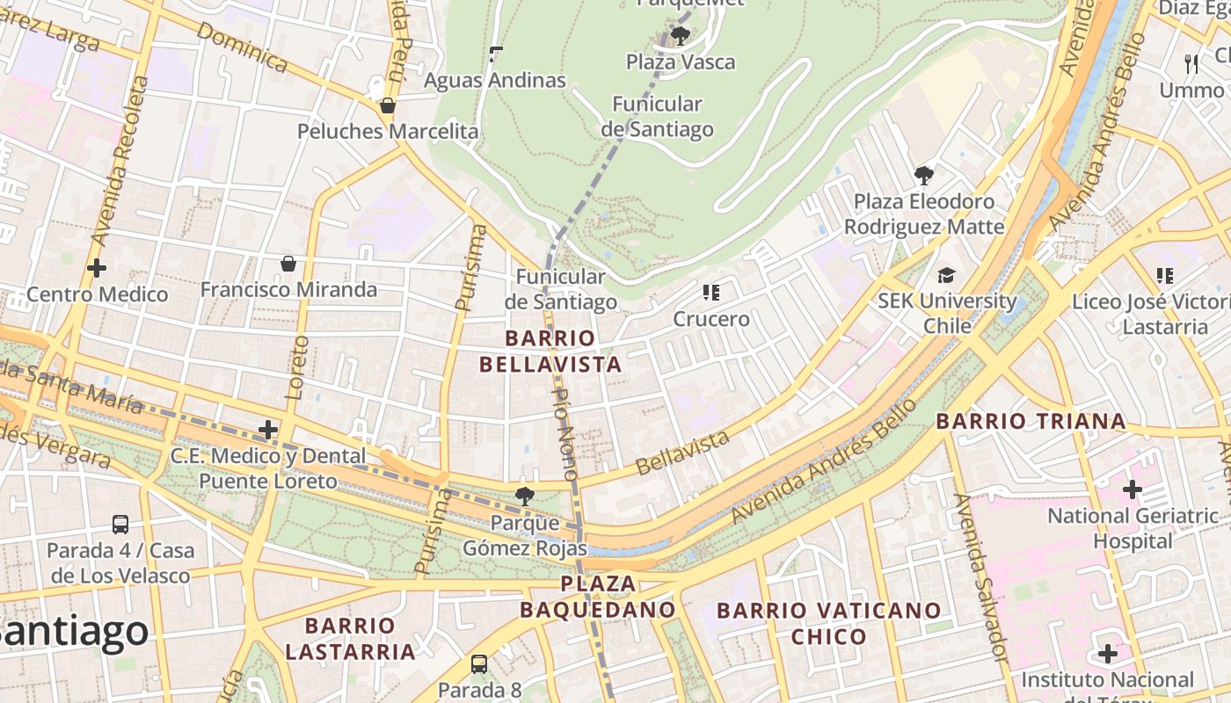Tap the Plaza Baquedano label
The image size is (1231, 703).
tap(598, 597)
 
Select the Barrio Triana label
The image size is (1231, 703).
tap(1031, 421)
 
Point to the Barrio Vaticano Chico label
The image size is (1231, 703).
tap(828, 623)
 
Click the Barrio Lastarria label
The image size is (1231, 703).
tap(350, 639)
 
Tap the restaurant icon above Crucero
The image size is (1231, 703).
tap(710, 292)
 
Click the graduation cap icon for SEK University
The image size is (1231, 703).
tap(946, 275)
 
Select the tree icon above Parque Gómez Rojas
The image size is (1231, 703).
tap(525, 496)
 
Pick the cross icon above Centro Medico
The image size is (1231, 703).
tap(97, 268)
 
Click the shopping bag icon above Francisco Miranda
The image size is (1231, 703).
tap(288, 264)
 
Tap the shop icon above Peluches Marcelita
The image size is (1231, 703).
tap(388, 105)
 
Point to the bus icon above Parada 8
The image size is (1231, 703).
tap(479, 663)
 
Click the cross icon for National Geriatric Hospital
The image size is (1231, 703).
tap(1133, 489)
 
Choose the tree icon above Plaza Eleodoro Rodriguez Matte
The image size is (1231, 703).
tap(923, 175)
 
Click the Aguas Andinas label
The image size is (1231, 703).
tap(494, 80)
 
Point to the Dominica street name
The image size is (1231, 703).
tap(242, 47)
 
